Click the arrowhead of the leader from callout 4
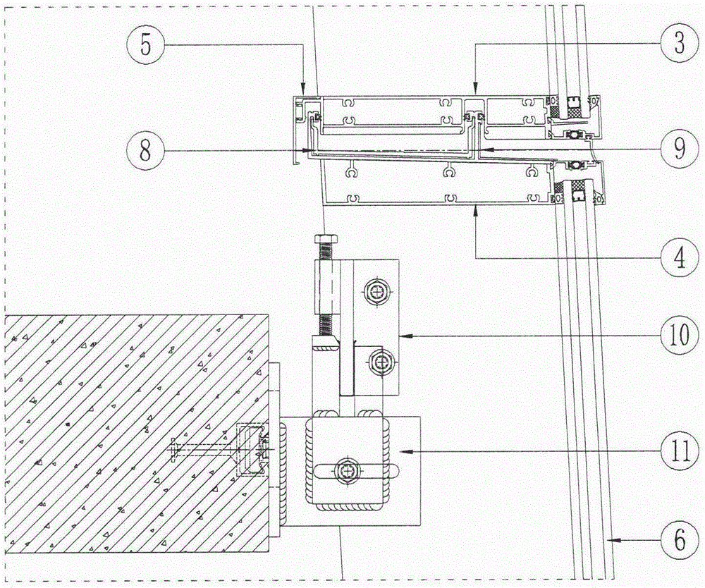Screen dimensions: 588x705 click(477, 209)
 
